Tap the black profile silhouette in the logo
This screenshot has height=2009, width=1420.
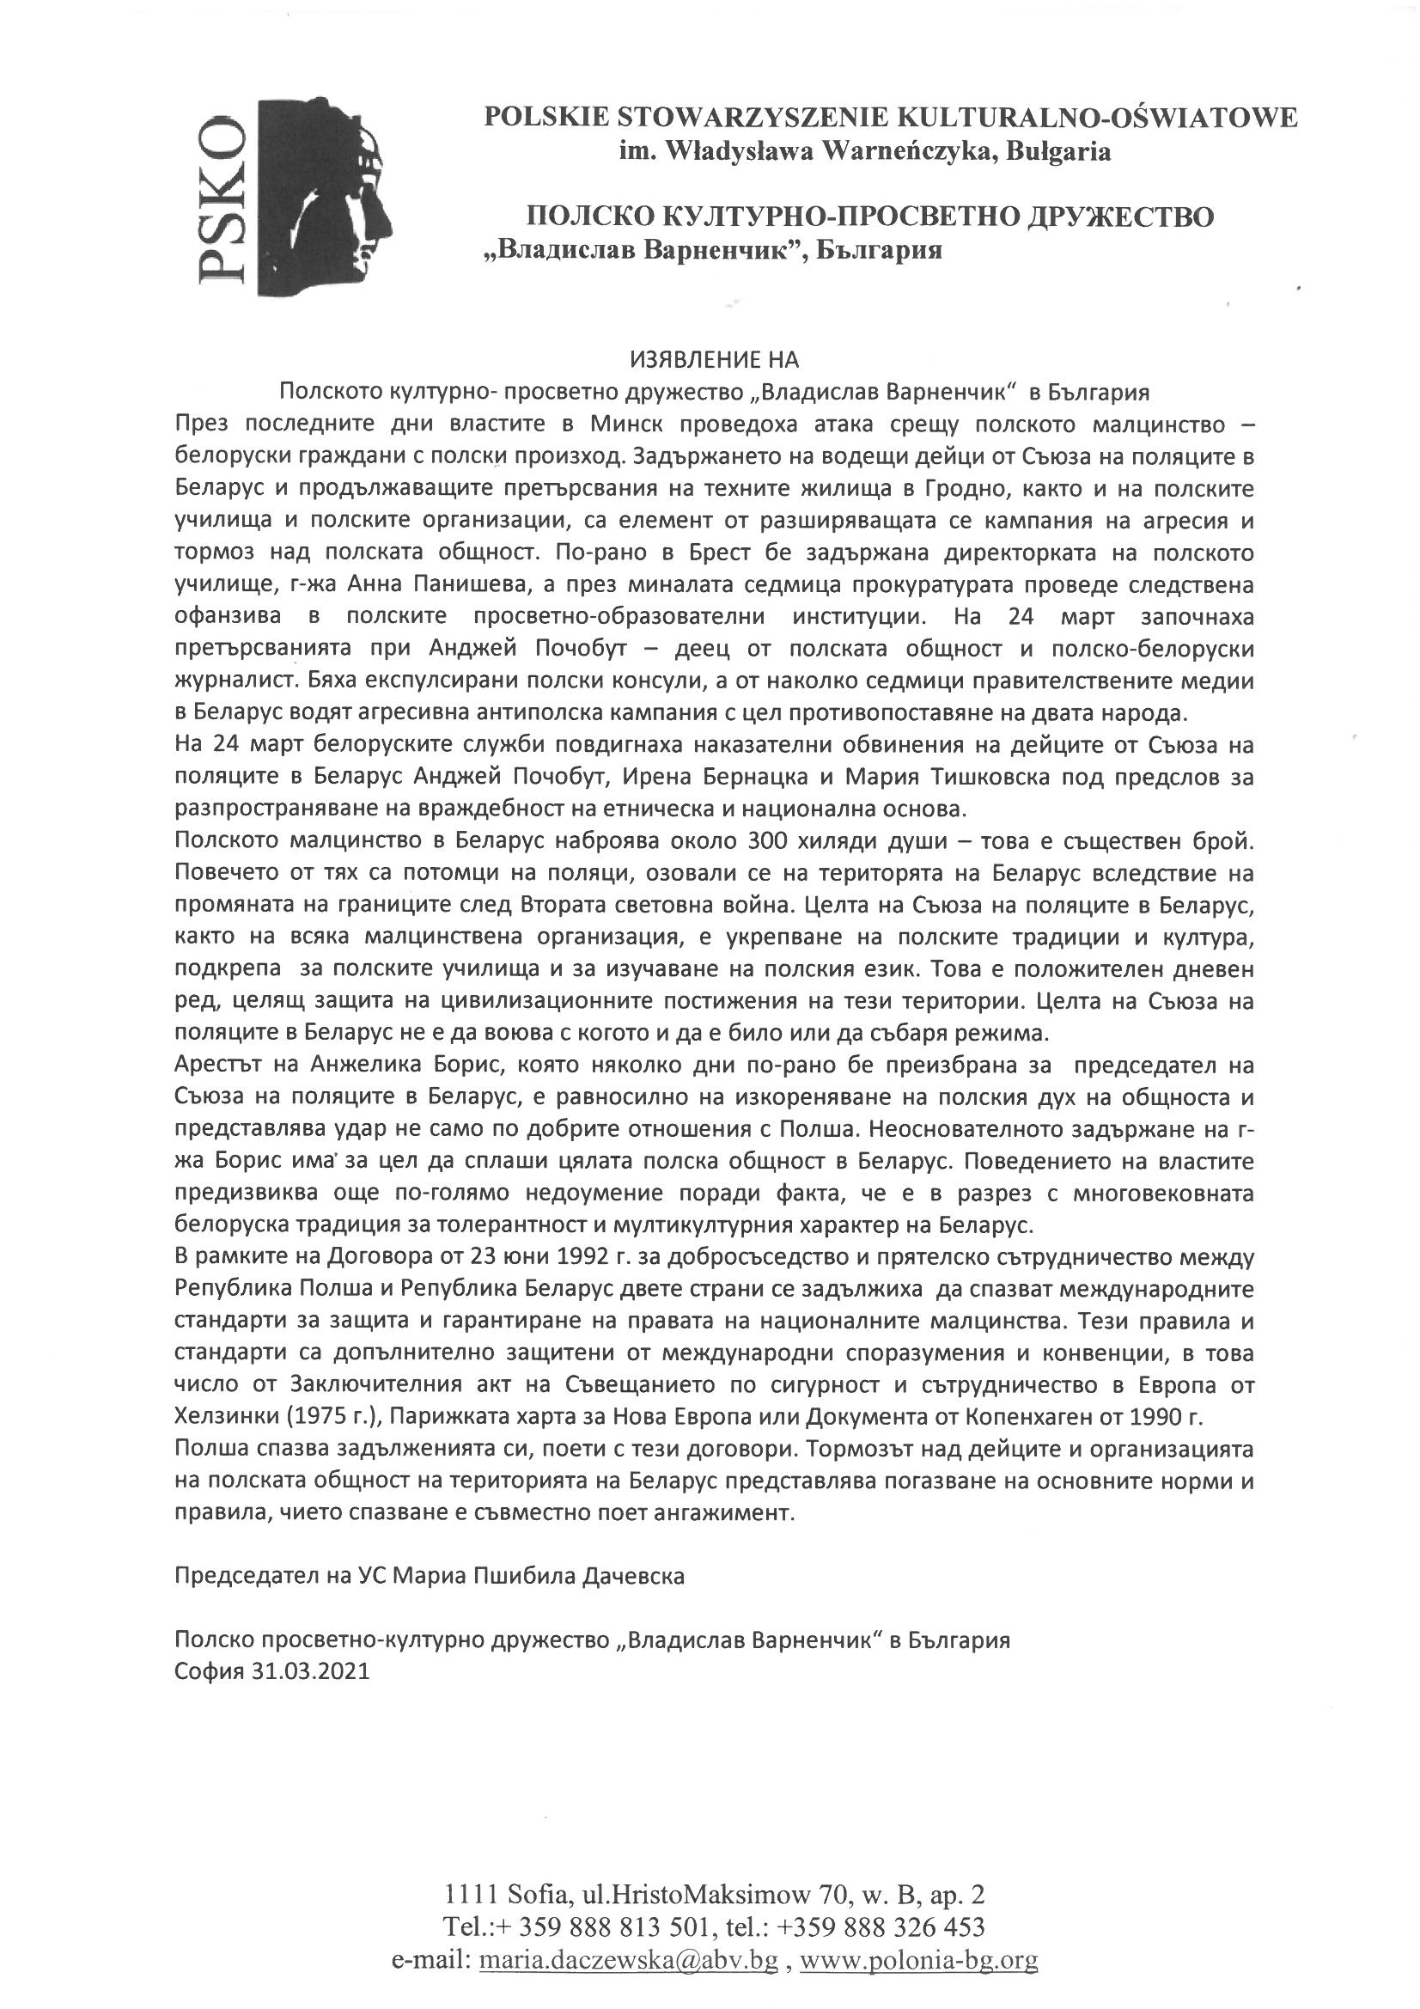click(332, 192)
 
